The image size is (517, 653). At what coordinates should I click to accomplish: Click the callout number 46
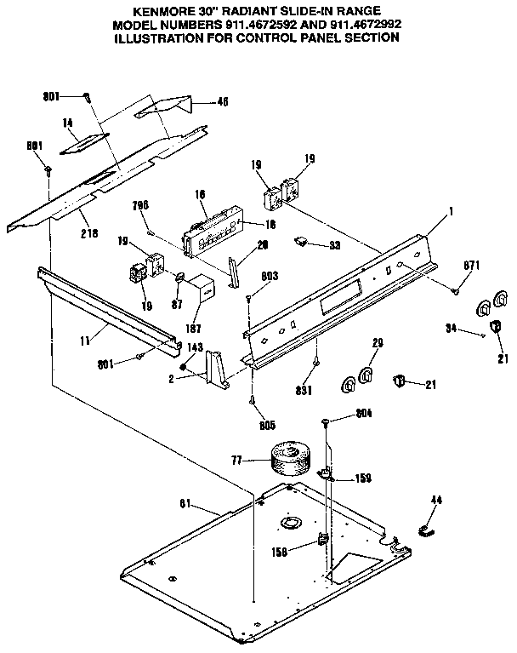223,101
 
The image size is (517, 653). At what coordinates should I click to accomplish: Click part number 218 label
88,232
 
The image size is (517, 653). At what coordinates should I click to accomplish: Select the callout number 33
336,245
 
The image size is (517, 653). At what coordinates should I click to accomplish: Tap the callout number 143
194,347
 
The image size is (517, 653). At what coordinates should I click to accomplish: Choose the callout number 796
141,206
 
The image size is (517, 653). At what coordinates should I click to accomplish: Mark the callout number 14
67,123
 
